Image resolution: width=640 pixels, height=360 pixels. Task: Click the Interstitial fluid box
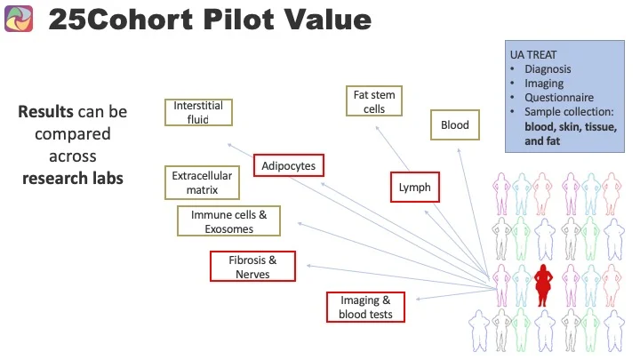(198, 113)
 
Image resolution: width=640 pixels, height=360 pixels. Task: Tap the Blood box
(454, 125)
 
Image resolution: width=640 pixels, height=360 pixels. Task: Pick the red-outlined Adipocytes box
(289, 165)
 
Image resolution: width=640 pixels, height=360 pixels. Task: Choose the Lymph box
(415, 188)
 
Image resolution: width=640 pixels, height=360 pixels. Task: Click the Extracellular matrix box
(194, 182)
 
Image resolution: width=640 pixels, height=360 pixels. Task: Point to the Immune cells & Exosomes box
(228, 221)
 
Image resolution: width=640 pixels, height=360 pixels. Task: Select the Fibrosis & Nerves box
(252, 267)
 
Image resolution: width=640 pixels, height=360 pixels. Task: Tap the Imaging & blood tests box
(365, 307)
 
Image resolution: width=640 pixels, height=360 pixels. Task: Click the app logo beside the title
(19, 19)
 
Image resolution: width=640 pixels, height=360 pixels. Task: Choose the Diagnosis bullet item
(548, 68)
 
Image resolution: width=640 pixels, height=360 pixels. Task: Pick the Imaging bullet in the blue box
(544, 84)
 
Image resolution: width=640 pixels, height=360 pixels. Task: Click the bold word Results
(48, 113)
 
